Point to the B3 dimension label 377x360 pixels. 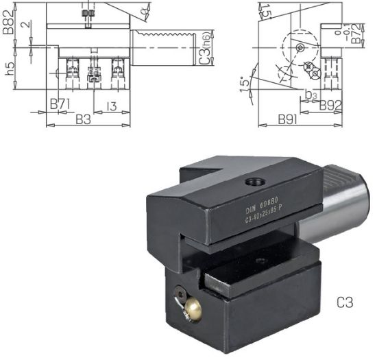(x=83, y=120)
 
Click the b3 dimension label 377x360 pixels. (x=311, y=93)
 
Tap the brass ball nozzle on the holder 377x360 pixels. (x=193, y=311)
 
